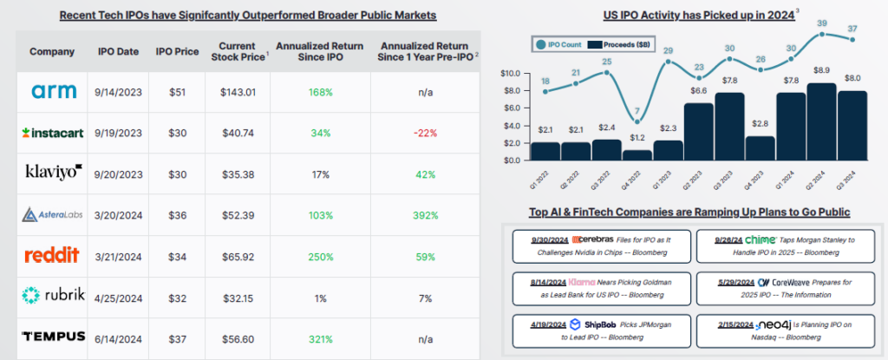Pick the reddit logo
(51, 254)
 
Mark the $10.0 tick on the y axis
(513, 74)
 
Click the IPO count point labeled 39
(821, 34)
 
